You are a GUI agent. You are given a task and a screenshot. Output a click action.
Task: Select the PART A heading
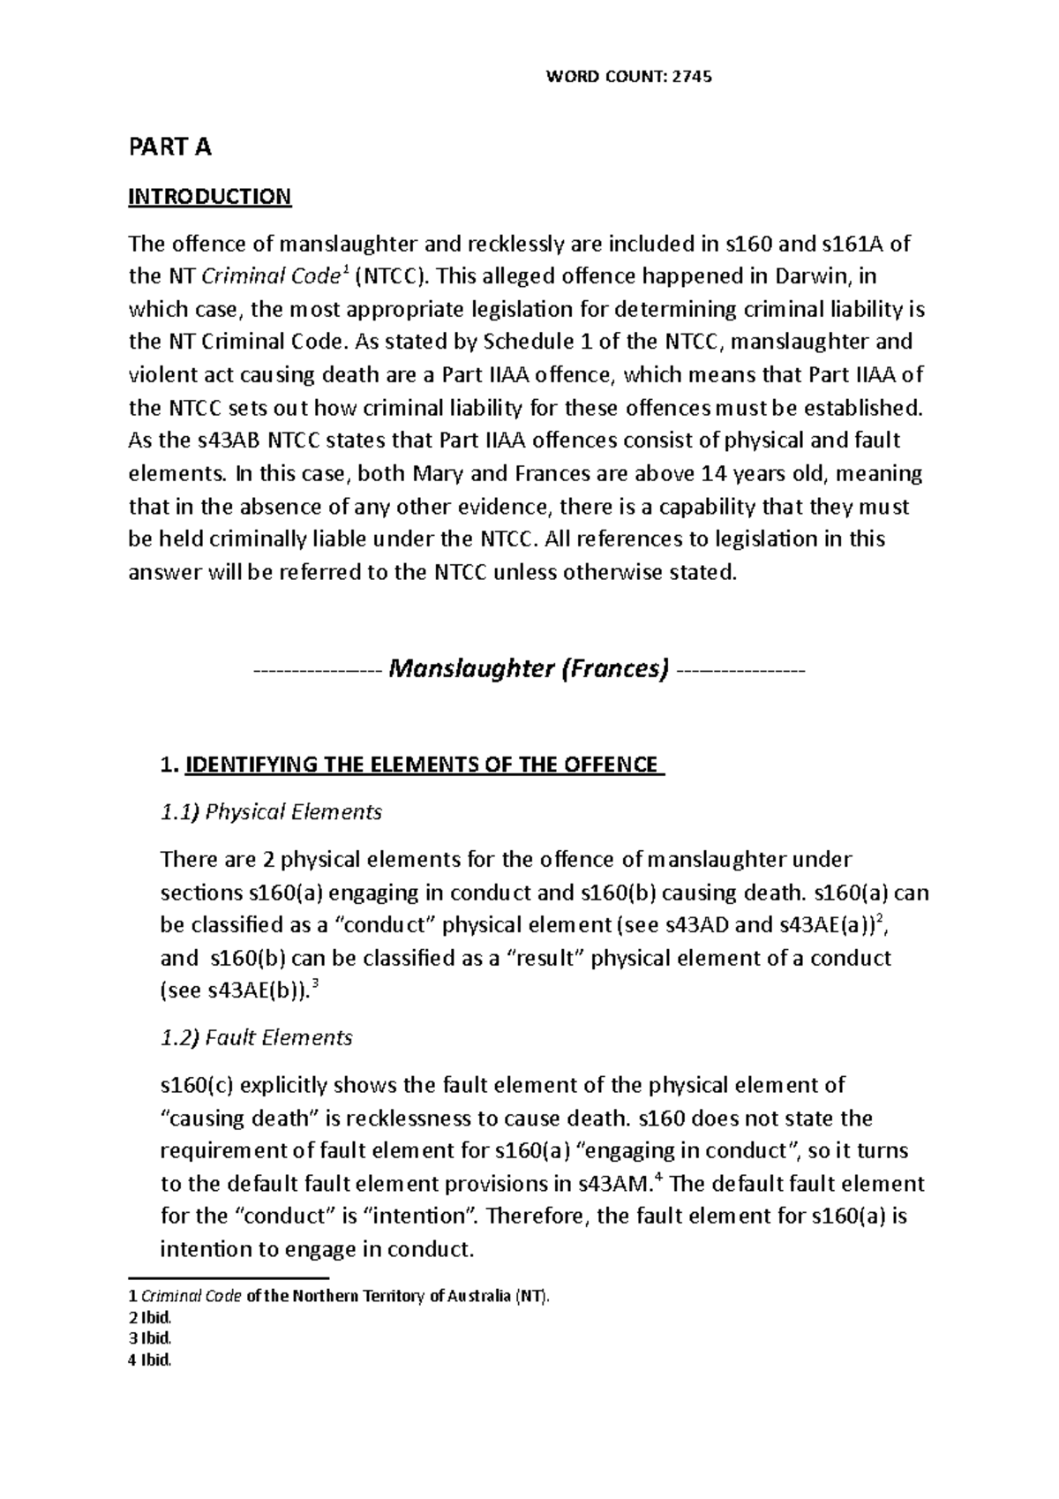169,147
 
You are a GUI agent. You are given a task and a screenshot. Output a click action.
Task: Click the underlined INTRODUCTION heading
209,196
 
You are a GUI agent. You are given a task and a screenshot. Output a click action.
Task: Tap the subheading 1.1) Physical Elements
271,812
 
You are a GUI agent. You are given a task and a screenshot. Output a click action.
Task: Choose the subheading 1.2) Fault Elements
256,1037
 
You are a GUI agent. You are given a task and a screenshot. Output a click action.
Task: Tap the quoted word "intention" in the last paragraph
421,1217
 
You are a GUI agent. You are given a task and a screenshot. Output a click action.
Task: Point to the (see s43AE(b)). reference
236,991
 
